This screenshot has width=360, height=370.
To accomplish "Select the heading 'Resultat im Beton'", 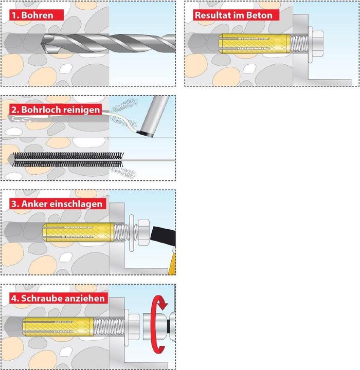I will point(232,15).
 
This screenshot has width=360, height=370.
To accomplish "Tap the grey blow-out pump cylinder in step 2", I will point(154,116).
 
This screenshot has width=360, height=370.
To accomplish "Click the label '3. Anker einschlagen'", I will point(56,203).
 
